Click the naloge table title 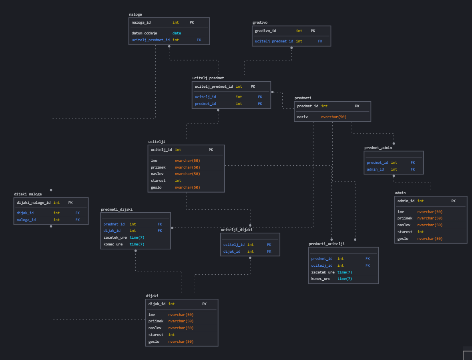coord(135,14)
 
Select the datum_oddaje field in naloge coord(144,33)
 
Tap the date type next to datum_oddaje coord(177,33)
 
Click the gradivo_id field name coord(265,31)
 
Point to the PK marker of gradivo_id coord(313,31)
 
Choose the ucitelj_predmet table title coord(208,78)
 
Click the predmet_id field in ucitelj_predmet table coord(205,104)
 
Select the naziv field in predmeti coord(302,117)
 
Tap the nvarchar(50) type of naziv coord(333,117)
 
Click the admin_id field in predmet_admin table coord(375,169)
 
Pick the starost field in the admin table coord(405,232)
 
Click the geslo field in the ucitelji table coord(156,187)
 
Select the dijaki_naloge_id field coord(34,203)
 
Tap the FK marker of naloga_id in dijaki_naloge coord(78,220)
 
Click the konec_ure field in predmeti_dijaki coord(113,244)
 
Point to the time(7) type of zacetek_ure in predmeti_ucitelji coord(345,272)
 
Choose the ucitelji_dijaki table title coord(237,230)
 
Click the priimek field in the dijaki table coord(156,321)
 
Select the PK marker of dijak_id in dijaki coord(204,304)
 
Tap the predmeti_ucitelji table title coord(327,243)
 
